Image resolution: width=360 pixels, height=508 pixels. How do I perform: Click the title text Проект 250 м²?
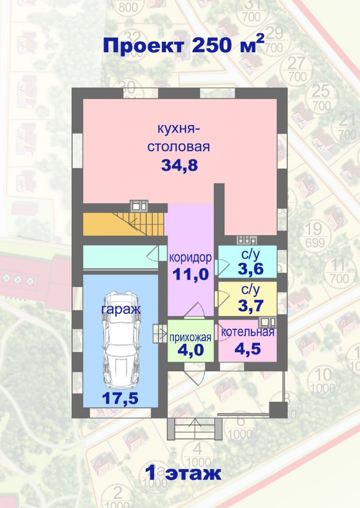(184, 45)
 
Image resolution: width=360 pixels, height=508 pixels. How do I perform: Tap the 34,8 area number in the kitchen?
(179, 166)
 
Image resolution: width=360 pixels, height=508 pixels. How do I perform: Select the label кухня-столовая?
(179, 138)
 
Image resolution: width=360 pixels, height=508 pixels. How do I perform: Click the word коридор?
(190, 258)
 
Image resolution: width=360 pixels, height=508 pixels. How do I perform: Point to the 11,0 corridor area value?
(191, 274)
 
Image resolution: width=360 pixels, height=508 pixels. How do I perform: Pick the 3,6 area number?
(250, 269)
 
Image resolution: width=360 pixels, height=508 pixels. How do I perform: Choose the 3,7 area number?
(250, 305)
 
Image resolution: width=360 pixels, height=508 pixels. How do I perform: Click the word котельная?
(248, 332)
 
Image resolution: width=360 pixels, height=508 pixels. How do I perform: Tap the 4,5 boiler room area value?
(248, 349)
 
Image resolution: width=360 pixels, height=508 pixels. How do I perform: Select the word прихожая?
(190, 338)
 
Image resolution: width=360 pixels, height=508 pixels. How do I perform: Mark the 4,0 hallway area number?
(191, 350)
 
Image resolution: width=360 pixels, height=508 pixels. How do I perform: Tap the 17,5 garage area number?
(120, 398)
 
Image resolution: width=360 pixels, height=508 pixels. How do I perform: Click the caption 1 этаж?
(183, 473)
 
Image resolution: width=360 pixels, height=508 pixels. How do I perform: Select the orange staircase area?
(125, 224)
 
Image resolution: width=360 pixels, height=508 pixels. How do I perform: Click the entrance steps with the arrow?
(194, 429)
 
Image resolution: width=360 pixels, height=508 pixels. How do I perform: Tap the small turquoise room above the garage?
(120, 257)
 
